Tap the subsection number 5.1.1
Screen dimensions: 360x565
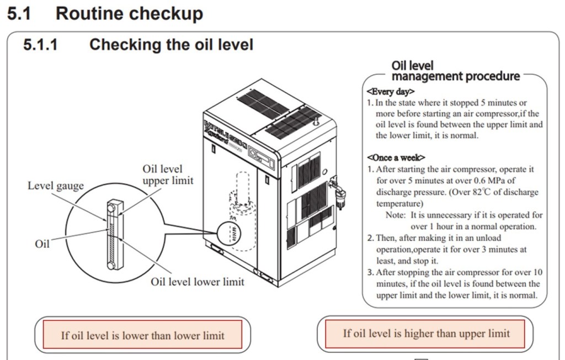(40, 44)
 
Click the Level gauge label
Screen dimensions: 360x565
(56, 186)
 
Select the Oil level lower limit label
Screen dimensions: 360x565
(197, 282)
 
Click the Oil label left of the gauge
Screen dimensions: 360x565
(42, 243)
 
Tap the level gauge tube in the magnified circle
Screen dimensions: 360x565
(113, 235)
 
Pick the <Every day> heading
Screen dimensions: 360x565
(390, 91)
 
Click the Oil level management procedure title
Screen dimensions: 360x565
(455, 71)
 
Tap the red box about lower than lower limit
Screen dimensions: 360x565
(142, 335)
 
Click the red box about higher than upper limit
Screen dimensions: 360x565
(426, 333)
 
